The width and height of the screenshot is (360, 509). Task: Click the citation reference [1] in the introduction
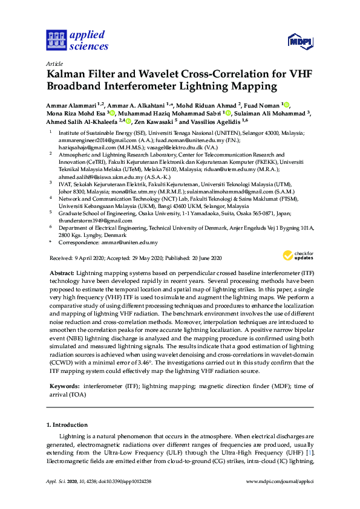pos(310,453)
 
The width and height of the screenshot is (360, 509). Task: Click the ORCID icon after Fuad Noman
pos(286,105)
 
